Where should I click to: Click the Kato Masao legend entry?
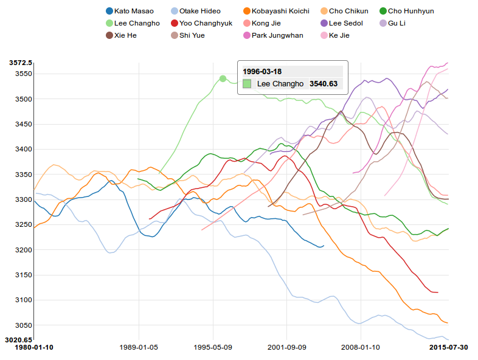tap(130, 11)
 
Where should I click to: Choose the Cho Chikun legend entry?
tap(344, 11)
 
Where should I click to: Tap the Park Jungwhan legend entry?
tap(274, 35)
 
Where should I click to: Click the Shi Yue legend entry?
tap(193, 35)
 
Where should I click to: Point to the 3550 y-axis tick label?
tap(24, 74)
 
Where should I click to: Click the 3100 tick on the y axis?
tap(24, 300)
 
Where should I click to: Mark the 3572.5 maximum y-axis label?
tap(21, 63)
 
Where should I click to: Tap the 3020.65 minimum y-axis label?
tap(19, 339)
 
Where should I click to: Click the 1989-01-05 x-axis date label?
tap(139, 347)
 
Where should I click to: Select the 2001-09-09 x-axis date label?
tap(286, 347)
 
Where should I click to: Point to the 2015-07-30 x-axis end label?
tap(448, 347)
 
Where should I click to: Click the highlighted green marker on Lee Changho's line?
tap(223, 78)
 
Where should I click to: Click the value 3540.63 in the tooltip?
tap(324, 84)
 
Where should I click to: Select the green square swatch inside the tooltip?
tap(247, 84)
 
